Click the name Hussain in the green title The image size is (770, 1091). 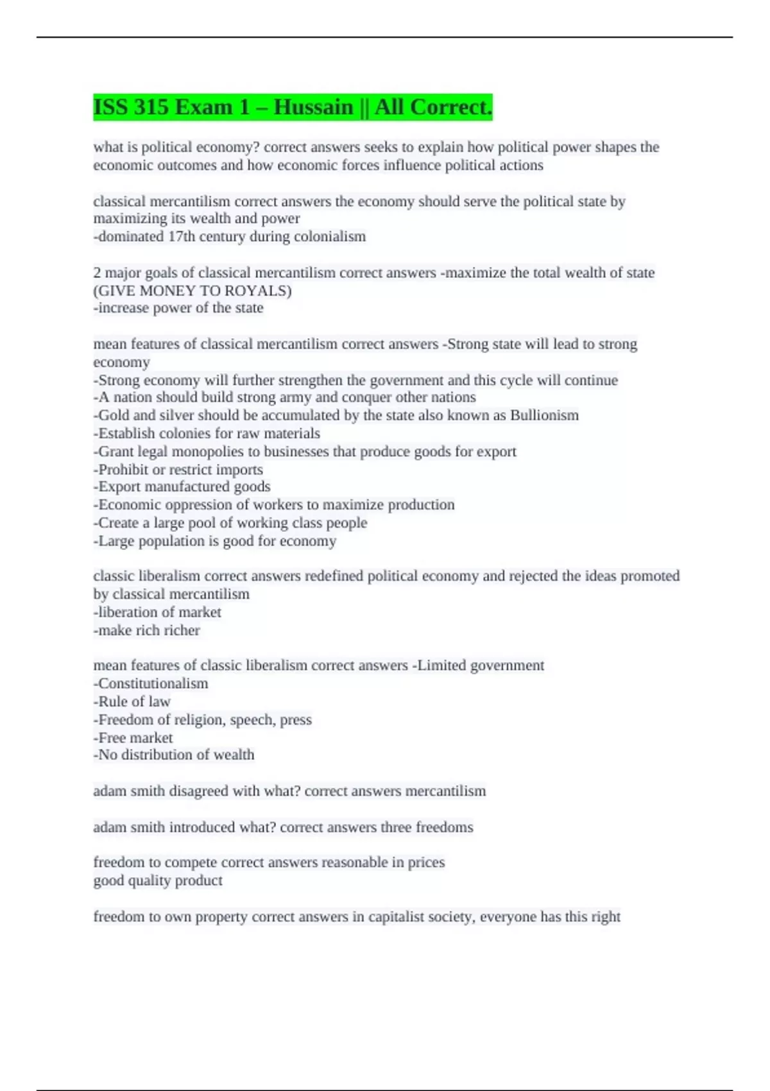pos(313,107)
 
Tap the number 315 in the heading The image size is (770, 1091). pos(151,107)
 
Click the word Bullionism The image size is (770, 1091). pos(544,415)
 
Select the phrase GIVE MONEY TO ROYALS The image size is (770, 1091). pos(193,291)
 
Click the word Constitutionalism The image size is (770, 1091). pos(153,683)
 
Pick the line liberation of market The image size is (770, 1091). pos(158,612)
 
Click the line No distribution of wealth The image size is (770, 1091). pos(175,755)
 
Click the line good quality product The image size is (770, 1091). pos(158,881)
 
